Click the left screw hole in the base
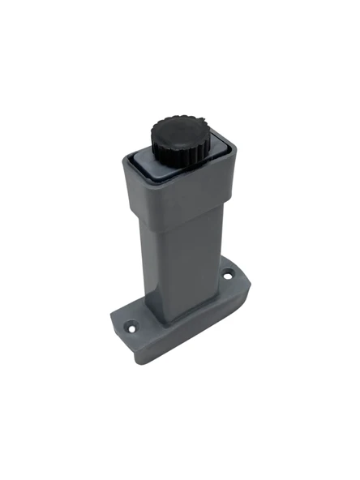[128, 329]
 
